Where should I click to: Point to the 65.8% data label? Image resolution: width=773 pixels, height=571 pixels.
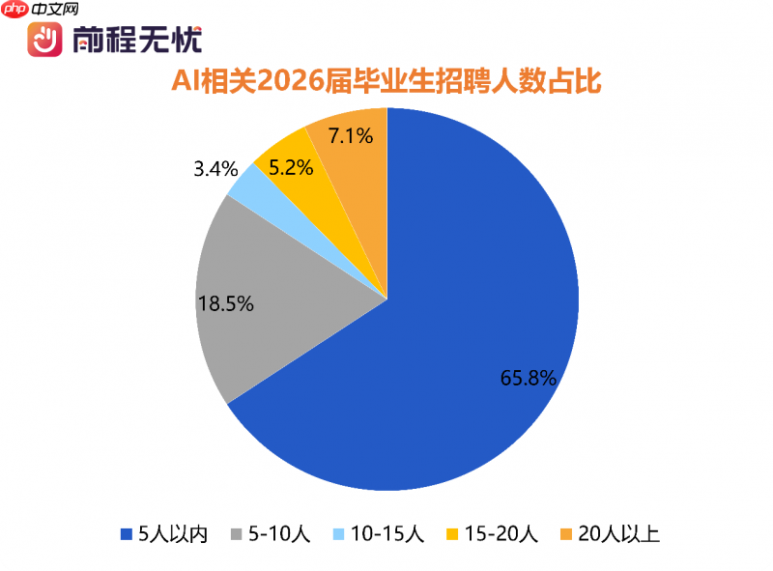pyautogui.click(x=528, y=379)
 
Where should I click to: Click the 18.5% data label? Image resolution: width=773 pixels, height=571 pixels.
pyautogui.click(x=225, y=304)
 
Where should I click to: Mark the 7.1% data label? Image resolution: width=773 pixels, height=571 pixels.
pyautogui.click(x=350, y=135)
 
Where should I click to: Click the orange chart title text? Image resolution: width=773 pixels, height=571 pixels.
pyautogui.click(x=386, y=82)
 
